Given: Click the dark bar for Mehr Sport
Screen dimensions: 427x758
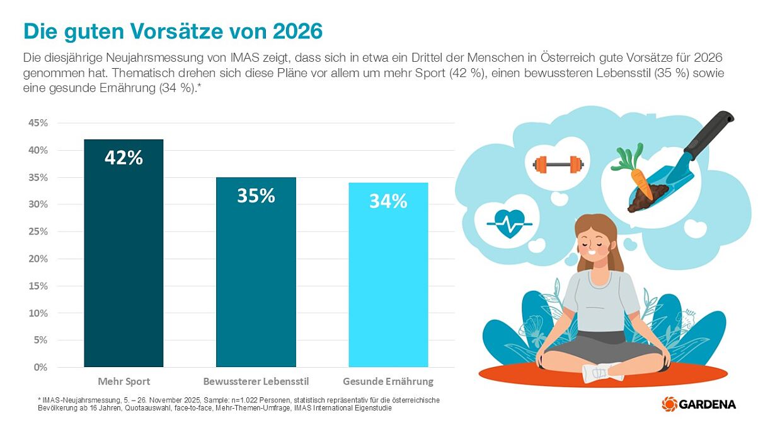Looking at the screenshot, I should click(x=123, y=265).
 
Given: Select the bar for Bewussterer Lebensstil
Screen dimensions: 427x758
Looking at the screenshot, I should click(x=256, y=284).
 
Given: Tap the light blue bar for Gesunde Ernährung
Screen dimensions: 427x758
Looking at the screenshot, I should click(x=388, y=290).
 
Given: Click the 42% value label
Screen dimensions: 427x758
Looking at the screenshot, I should click(x=123, y=158).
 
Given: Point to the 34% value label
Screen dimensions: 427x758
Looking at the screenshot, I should click(x=388, y=201).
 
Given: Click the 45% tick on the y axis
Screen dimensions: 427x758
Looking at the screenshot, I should click(x=38, y=123).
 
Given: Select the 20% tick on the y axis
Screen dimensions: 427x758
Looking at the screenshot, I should click(x=38, y=259).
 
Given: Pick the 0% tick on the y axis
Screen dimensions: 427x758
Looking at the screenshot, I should click(x=40, y=367).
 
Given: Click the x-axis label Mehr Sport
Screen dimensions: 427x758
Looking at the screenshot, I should click(x=123, y=382).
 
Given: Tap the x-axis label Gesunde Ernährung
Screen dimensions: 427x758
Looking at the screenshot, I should click(x=388, y=382).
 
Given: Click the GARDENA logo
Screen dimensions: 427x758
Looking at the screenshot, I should click(x=699, y=404).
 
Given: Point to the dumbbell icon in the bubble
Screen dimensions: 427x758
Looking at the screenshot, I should click(x=557, y=165).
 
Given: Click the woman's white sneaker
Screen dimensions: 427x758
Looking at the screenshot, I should click(x=601, y=372).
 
